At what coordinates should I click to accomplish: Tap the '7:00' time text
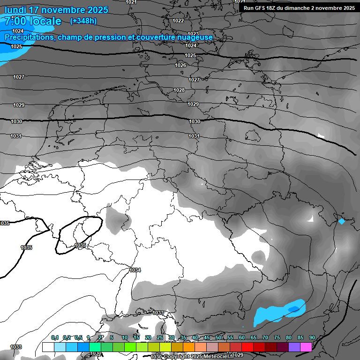tap(15, 21)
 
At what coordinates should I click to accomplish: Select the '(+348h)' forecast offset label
tap(83, 21)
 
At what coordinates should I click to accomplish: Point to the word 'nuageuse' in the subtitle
tap(192, 37)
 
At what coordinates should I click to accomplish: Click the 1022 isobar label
tap(178, 21)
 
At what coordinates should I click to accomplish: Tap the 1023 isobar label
tap(193, 34)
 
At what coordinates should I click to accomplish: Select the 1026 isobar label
tap(180, 65)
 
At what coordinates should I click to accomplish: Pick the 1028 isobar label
tap(179, 90)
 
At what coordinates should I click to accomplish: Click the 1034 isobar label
tap(135, 270)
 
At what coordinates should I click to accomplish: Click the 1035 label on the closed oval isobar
tap(80, 245)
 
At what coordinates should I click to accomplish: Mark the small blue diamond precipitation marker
tap(342, 221)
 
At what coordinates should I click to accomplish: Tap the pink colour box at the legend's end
tap(306, 347)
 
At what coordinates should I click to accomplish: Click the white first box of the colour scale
tap(48, 347)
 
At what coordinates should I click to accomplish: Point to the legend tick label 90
tap(312, 337)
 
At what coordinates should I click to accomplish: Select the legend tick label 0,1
tap(55, 337)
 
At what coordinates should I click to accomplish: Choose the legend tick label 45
tap(207, 337)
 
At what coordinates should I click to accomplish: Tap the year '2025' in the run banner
tap(347, 7)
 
